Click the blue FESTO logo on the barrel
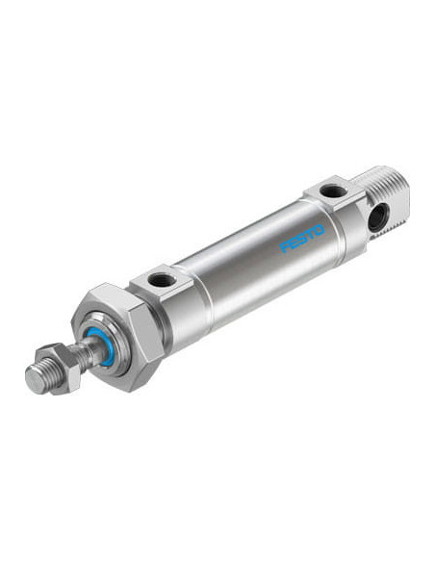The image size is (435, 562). click(302, 238)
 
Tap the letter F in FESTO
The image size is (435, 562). click(285, 246)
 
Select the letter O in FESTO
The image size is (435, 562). click(319, 230)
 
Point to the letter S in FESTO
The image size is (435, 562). click(302, 238)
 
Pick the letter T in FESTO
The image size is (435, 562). click(310, 234)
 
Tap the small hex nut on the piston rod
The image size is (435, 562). click(59, 368)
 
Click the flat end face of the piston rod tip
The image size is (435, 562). click(36, 380)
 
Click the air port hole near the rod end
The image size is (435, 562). click(161, 280)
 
